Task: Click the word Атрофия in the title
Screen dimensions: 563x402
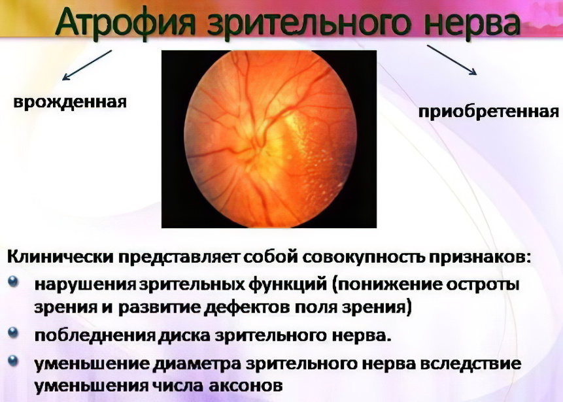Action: (x=126, y=23)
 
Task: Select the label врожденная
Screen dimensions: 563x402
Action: (x=70, y=102)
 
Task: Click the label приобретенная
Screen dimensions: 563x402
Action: (x=488, y=112)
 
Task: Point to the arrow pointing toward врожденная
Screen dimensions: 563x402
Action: (x=87, y=65)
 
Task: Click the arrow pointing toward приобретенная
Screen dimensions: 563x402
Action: (x=452, y=60)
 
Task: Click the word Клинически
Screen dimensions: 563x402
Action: (x=61, y=258)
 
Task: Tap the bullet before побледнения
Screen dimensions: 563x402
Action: (x=13, y=333)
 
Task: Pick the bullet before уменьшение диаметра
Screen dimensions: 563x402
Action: (x=13, y=360)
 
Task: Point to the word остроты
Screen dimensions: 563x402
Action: (x=482, y=286)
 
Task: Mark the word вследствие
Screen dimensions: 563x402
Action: (x=470, y=364)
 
